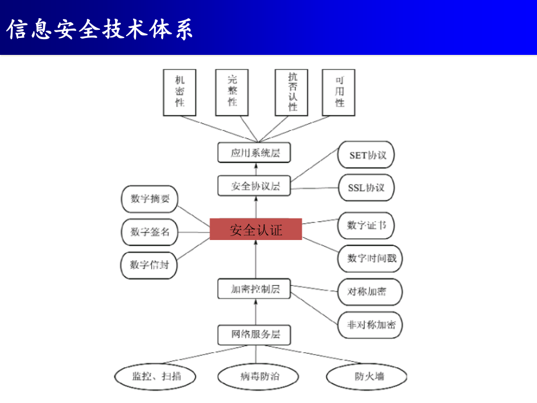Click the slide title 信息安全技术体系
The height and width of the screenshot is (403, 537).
(x=100, y=29)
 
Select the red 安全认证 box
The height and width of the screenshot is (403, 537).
(x=256, y=230)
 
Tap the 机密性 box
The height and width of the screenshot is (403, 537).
(x=180, y=92)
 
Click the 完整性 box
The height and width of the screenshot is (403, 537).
(x=232, y=92)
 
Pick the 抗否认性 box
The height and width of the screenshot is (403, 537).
(x=291, y=92)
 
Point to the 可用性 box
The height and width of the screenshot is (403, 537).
(x=339, y=92)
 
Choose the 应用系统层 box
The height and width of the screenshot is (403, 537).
(x=254, y=152)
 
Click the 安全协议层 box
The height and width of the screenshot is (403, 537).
(x=254, y=186)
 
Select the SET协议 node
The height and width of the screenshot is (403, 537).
(x=366, y=155)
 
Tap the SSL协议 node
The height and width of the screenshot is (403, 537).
(x=366, y=188)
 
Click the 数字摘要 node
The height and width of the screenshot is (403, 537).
(x=149, y=199)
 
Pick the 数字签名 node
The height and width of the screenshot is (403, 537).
(x=149, y=232)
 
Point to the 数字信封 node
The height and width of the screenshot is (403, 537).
(x=149, y=265)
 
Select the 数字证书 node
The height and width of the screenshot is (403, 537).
(x=366, y=225)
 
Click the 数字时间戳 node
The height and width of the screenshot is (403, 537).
(x=370, y=259)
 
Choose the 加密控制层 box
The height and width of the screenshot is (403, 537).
(x=254, y=289)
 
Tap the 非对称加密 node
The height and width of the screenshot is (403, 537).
(x=370, y=325)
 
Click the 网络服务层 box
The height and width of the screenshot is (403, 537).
(x=254, y=335)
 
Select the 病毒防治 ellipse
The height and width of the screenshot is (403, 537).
(x=258, y=377)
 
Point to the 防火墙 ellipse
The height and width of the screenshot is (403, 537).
(x=367, y=377)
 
